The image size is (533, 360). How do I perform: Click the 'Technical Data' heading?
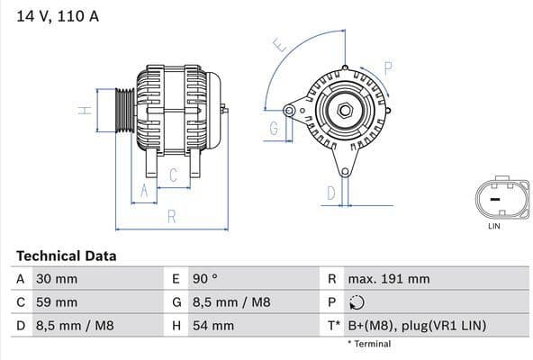pyautogui.click(x=66, y=256)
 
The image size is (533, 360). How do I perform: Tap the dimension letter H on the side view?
pyautogui.click(x=84, y=112)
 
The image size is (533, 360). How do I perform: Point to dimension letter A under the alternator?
pyautogui.click(x=141, y=190)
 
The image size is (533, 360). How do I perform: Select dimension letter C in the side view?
pyautogui.click(x=173, y=176)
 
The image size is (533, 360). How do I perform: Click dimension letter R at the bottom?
pyautogui.click(x=171, y=216)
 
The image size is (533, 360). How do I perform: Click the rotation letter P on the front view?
pyautogui.click(x=388, y=67)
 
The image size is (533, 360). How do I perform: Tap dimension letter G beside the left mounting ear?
pyautogui.click(x=273, y=130)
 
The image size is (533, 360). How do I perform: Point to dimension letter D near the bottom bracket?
pyautogui.click(x=330, y=193)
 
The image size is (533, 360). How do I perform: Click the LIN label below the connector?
pyautogui.click(x=493, y=226)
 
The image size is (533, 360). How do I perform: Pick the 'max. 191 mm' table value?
pyautogui.click(x=391, y=280)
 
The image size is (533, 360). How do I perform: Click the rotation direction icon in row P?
pyautogui.click(x=357, y=302)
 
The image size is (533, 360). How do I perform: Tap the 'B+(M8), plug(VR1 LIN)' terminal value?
pyautogui.click(x=412, y=325)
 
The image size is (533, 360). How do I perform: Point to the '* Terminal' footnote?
pyautogui.click(x=369, y=344)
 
